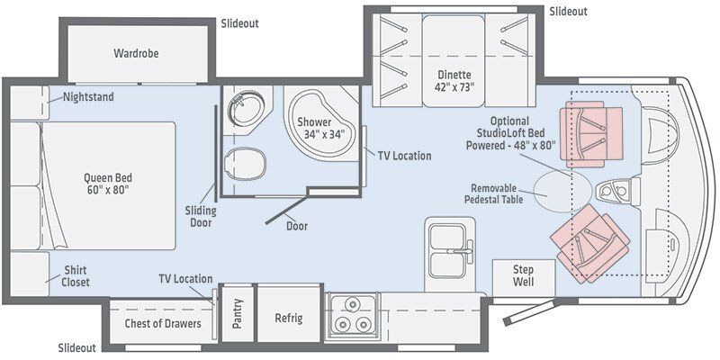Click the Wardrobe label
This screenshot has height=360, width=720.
pos(136,53)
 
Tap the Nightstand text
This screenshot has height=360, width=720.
pos(88,96)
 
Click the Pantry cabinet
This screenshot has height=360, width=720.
pos(238,319)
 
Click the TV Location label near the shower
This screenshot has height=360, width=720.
pos(404,156)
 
